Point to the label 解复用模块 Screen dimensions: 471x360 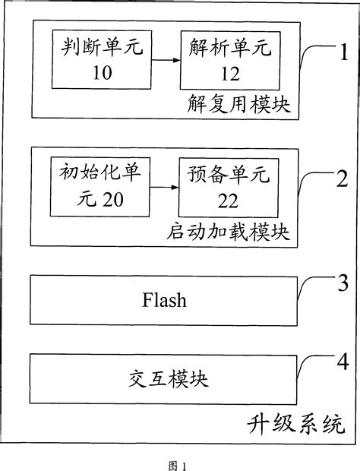coord(238,104)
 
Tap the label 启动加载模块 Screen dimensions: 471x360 coord(228,231)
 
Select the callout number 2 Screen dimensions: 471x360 coord(343,179)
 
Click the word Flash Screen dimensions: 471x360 coord(164,300)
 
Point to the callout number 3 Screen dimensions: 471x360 coord(343,284)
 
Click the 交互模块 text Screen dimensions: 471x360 coord(164,377)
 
